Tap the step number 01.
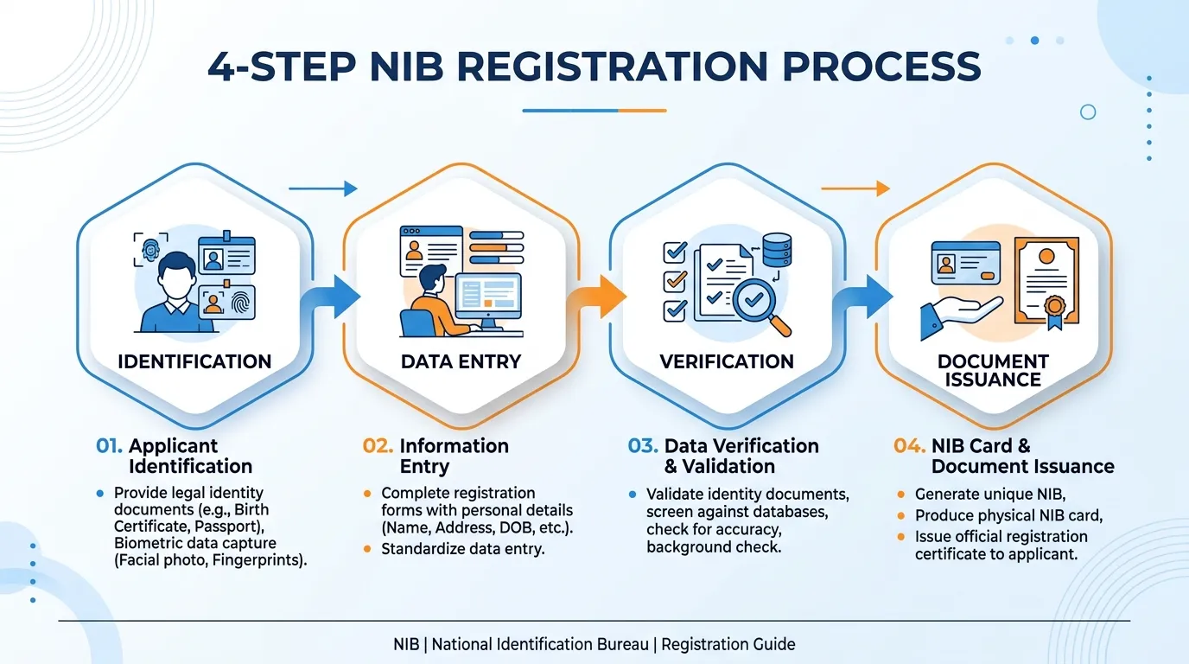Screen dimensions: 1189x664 [x=109, y=445]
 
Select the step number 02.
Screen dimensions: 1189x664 [x=378, y=445]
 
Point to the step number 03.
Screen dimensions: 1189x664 [x=643, y=445]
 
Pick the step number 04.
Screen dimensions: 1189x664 [x=909, y=445]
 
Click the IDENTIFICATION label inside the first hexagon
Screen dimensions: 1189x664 [x=194, y=361]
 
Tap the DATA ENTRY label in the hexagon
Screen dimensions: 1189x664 [x=461, y=361]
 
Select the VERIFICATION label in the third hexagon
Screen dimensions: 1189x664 [x=727, y=361]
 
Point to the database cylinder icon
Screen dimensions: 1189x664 [x=777, y=250]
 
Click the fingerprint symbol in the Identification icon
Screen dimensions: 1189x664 [x=242, y=303]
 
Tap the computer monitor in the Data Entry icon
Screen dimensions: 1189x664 [x=488, y=301]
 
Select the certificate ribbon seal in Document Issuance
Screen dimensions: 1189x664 [x=1054, y=312]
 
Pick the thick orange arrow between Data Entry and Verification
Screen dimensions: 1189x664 [x=596, y=298]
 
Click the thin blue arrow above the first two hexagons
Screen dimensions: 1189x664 [x=322, y=188]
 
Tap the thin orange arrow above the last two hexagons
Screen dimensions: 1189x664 [x=855, y=188]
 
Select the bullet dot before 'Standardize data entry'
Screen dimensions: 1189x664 [x=366, y=549]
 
